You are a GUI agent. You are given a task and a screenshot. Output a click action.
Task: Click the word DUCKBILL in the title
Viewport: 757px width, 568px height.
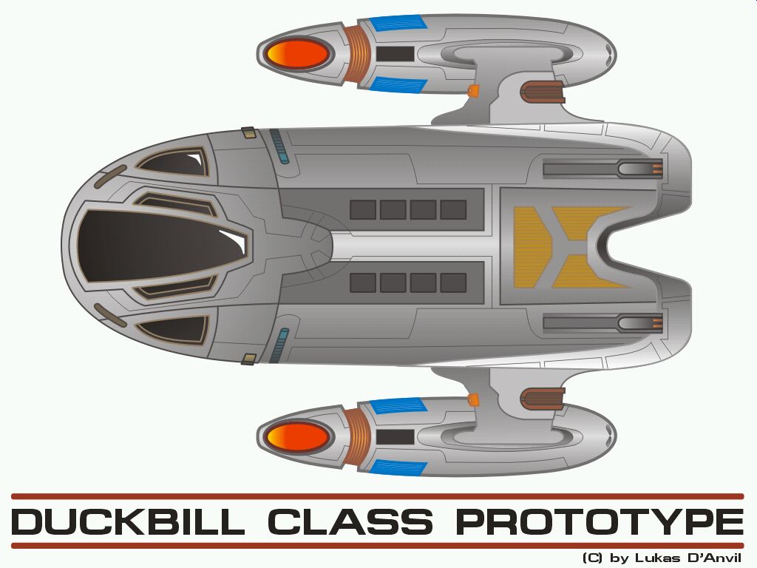point(128,521)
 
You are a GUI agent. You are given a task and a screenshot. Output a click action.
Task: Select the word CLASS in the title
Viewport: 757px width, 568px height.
point(350,521)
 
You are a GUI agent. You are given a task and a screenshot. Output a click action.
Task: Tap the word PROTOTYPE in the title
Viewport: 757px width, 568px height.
point(600,521)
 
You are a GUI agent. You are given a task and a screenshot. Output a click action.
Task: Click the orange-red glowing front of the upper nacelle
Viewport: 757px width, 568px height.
point(298,54)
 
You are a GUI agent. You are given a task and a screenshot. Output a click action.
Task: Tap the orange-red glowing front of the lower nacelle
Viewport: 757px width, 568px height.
point(298,436)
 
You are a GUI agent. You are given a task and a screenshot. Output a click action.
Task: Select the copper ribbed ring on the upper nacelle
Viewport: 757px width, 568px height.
point(357,54)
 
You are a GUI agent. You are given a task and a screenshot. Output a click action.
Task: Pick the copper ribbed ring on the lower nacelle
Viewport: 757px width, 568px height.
point(357,436)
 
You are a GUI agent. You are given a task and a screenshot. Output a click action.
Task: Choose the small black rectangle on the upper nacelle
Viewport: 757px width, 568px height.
point(395,54)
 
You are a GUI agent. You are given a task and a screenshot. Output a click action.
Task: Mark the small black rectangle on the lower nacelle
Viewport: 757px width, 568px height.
point(395,436)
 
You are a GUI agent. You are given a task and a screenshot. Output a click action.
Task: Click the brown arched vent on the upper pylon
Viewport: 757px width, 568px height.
point(542,92)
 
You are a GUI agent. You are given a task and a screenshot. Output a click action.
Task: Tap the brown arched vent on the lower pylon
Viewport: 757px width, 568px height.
point(542,399)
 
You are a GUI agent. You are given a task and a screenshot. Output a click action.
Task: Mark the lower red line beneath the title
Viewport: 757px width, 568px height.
point(377,546)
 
